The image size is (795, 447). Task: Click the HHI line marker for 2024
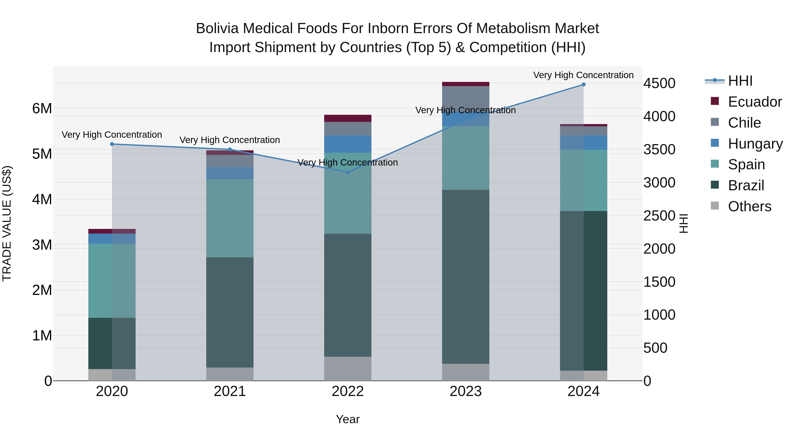click(x=583, y=84)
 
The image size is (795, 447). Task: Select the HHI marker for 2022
click(x=348, y=172)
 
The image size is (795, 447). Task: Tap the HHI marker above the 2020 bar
click(x=112, y=144)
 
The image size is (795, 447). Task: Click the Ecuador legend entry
click(x=755, y=102)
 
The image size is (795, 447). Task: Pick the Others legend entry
click(x=749, y=206)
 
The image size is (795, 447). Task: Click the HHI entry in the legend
click(x=740, y=81)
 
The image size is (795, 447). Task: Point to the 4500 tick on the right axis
click(x=659, y=83)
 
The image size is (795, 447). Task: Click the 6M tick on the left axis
click(x=42, y=108)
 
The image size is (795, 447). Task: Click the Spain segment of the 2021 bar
click(x=230, y=218)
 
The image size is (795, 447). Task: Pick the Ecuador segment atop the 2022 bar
click(x=348, y=118)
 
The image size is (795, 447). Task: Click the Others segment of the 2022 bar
click(x=348, y=368)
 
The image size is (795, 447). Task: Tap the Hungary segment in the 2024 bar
click(x=583, y=143)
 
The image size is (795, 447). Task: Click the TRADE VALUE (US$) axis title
click(x=7, y=223)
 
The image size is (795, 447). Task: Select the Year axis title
click(x=348, y=419)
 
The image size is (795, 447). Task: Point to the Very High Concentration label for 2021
click(x=230, y=140)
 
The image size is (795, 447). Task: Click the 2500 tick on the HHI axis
click(x=659, y=216)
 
